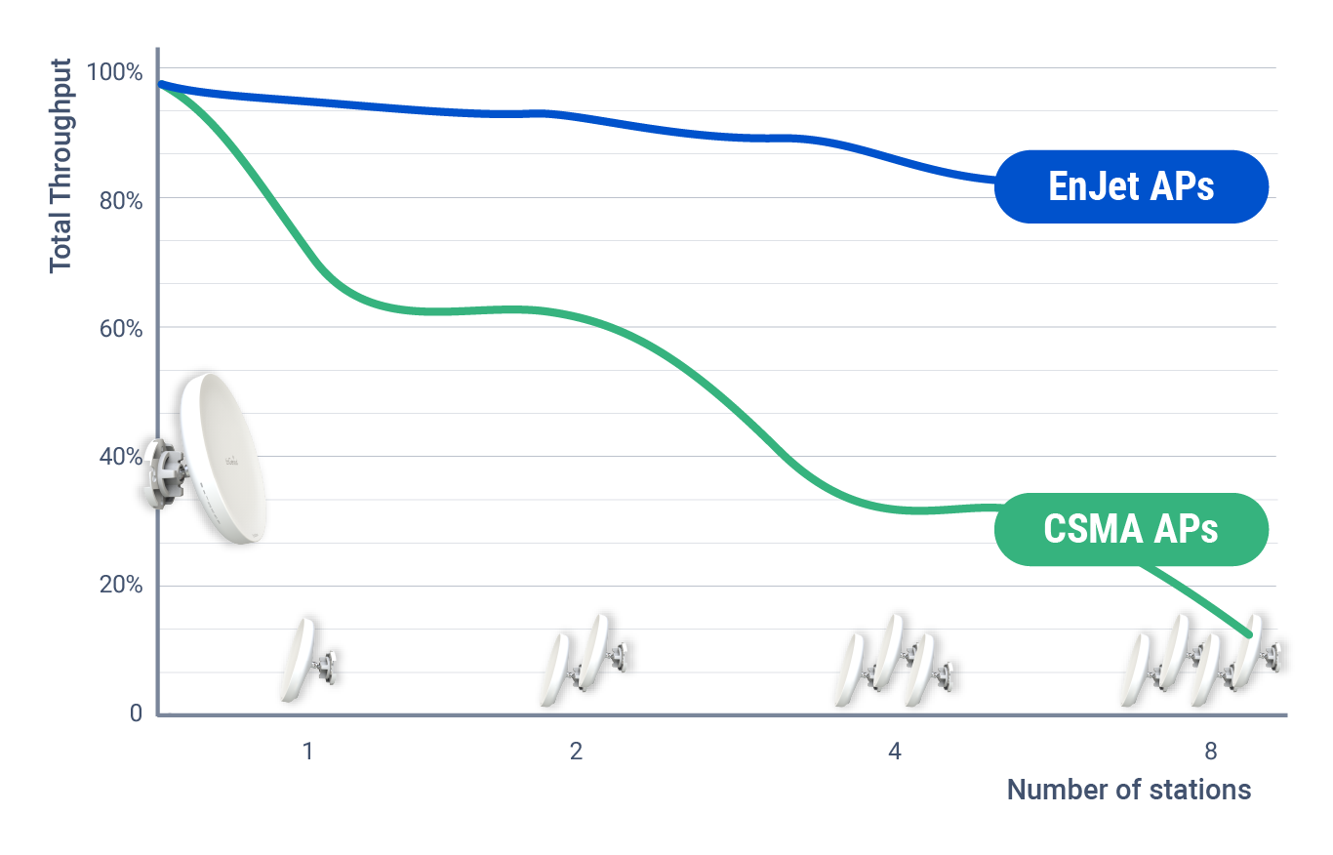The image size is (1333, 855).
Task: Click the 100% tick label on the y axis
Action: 114,72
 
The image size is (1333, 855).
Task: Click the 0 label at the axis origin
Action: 136,713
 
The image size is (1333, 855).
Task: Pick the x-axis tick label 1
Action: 307,752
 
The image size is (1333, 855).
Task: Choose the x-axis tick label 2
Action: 577,752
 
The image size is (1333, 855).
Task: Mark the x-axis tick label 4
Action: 894,752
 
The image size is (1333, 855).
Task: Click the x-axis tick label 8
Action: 1211,752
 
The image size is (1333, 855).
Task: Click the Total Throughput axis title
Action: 61,166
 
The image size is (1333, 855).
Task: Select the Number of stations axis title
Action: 1128,790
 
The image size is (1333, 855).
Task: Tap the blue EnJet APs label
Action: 1131,186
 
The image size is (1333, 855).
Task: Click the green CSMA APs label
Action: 1131,529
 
